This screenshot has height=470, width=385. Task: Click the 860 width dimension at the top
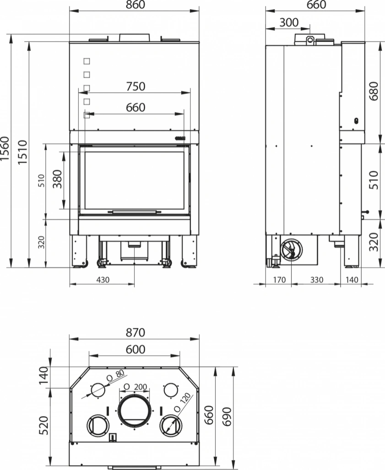click(135, 5)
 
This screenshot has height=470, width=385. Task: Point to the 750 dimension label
click(135, 86)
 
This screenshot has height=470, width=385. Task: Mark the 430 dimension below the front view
click(103, 280)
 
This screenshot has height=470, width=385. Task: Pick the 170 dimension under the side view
click(279, 280)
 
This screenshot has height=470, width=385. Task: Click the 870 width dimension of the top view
click(135, 332)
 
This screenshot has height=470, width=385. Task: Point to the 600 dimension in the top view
click(135, 349)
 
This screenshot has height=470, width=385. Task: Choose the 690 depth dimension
click(227, 416)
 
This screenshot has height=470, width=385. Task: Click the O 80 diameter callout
click(115, 375)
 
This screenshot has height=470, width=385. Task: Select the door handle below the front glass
click(134, 211)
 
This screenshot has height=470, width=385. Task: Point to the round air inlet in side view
click(291, 249)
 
